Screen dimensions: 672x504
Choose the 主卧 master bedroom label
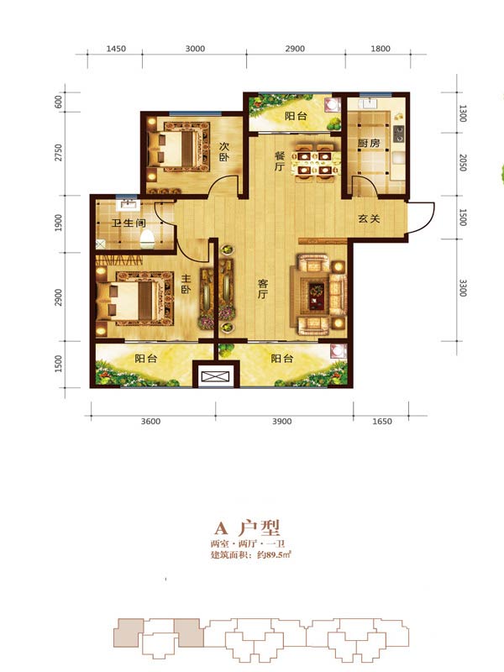[x=186, y=285]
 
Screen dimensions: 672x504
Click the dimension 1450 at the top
[x=116, y=50]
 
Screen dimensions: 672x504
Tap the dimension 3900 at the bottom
[x=282, y=421]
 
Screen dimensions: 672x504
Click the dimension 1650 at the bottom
[x=381, y=421]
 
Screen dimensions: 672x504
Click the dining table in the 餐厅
[x=315, y=160]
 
